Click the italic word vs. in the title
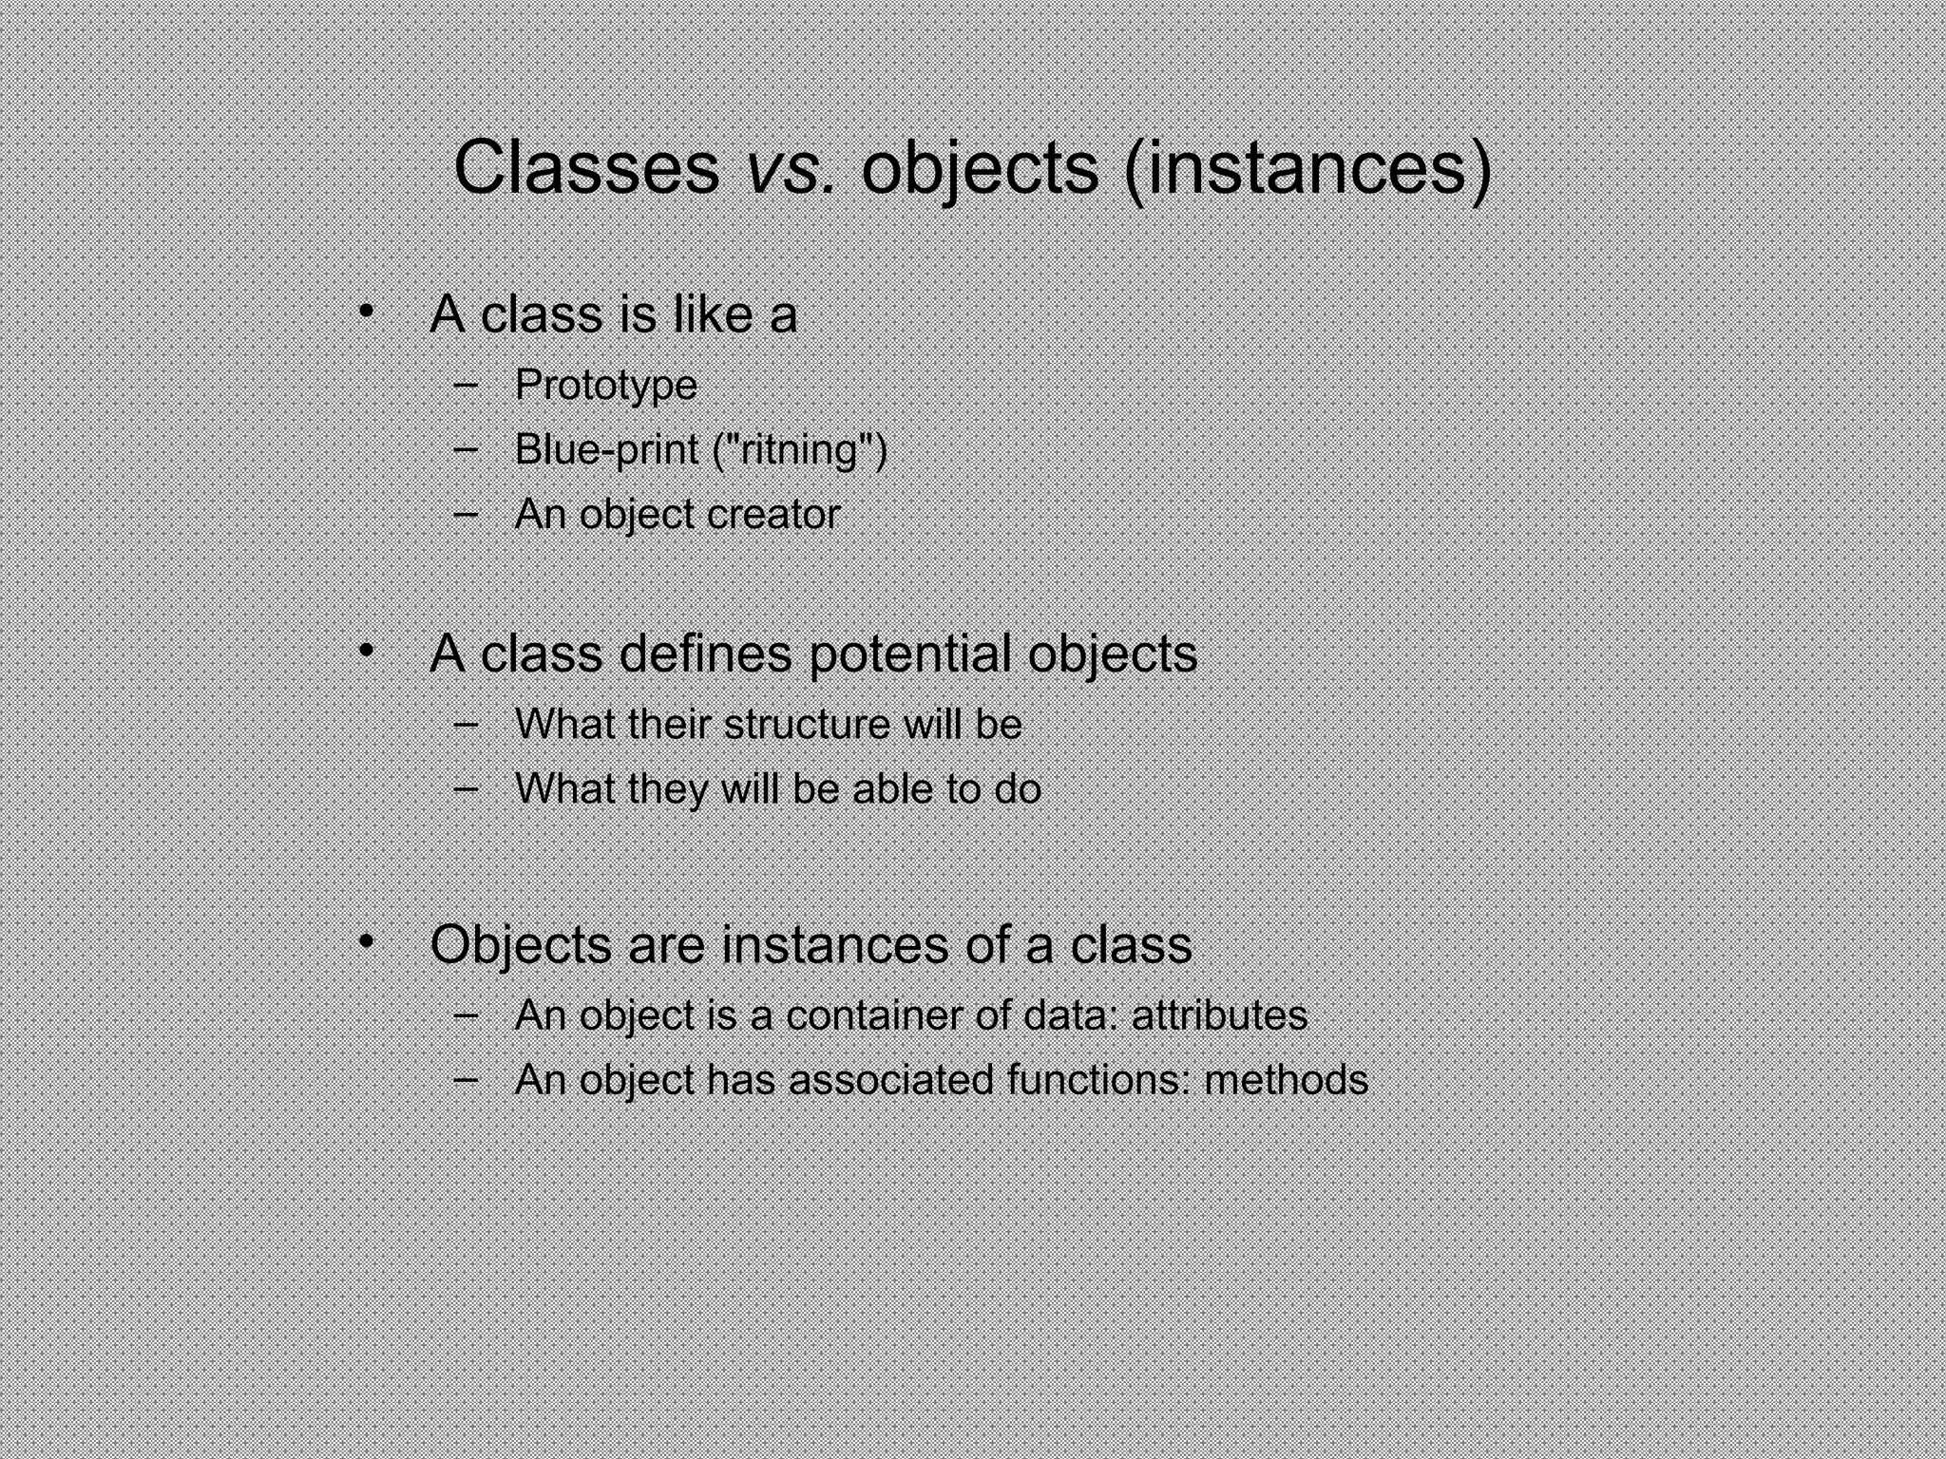point(790,168)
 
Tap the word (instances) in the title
point(1307,168)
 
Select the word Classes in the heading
point(586,168)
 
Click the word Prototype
point(605,386)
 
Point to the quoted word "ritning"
point(799,449)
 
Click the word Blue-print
point(606,449)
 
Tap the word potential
point(910,654)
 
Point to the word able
point(892,788)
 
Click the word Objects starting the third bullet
point(520,945)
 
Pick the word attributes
point(1219,1014)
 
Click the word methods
point(1286,1080)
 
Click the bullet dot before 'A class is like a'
point(366,312)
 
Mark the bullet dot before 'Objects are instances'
point(366,941)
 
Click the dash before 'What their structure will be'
point(466,723)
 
